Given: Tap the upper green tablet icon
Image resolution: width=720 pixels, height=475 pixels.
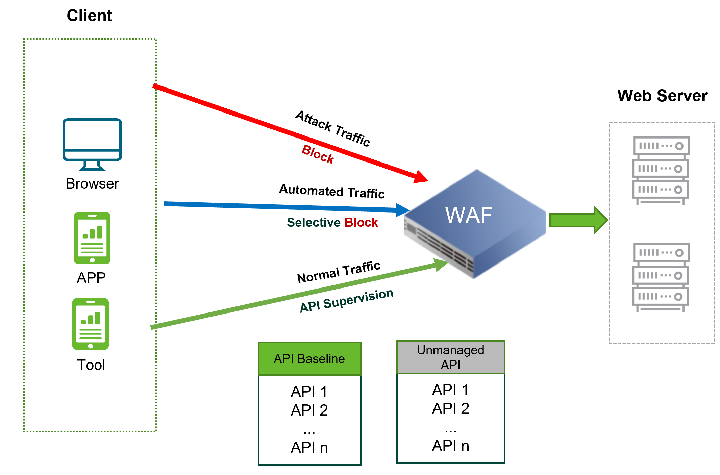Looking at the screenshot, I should (92, 238).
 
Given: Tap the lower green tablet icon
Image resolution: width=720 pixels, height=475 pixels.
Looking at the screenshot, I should (91, 324).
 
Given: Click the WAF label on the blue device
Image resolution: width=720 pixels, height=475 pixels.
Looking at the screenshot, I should (469, 215).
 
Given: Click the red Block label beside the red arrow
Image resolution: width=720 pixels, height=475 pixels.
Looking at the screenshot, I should (318, 154).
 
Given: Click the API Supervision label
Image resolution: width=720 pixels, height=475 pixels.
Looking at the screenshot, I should (347, 300).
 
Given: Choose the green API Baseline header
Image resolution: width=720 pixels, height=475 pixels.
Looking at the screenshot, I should (309, 359).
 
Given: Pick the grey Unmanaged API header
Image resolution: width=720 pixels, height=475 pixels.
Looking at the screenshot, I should (451, 357).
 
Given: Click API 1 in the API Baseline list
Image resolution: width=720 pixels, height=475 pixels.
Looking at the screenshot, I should (309, 392).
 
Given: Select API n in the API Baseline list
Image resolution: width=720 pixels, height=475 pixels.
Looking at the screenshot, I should (309, 447).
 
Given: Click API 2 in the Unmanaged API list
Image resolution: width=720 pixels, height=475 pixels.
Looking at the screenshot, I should (450, 408).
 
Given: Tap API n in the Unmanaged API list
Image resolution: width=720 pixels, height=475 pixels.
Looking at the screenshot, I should (450, 446).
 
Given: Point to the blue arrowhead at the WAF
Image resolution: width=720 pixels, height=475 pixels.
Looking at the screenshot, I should (402, 210).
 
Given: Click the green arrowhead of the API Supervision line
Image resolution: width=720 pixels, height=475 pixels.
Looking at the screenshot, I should (441, 265).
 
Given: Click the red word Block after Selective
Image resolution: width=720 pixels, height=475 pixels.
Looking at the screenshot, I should (361, 222).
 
